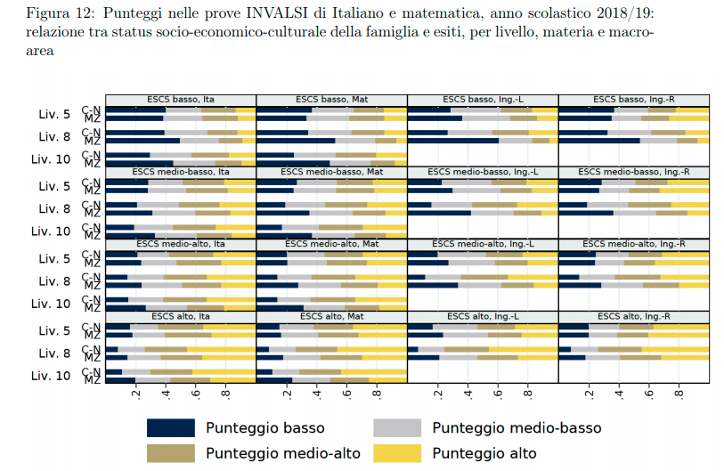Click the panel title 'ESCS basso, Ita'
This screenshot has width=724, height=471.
pos(181,99)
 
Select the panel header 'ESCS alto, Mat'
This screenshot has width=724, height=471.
pos(331,316)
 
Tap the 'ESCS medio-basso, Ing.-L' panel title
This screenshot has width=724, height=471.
pos(483,171)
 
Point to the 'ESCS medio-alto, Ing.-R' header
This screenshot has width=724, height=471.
pos(634,244)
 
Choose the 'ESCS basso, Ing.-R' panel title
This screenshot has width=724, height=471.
pos(634,99)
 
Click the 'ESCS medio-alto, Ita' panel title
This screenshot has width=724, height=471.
pos(181,244)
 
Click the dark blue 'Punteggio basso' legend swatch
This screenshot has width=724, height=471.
pos(169,428)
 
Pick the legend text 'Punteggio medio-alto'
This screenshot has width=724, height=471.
pos(283,453)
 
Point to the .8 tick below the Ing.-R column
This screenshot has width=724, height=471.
pos(679,394)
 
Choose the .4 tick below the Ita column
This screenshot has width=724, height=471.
pos(167,394)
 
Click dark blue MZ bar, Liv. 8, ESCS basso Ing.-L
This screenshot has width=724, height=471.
pos(453,141)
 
